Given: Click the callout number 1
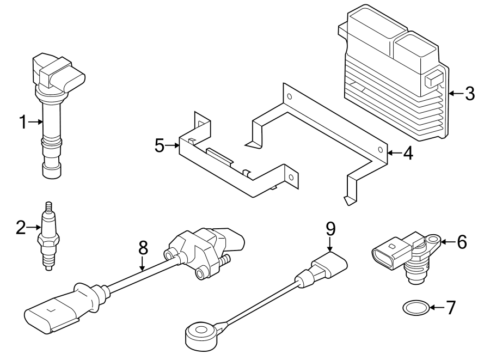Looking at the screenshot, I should [23, 122].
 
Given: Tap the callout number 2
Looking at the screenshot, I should [21, 227].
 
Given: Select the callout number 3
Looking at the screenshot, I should [469, 93].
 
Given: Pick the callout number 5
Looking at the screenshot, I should [159, 145].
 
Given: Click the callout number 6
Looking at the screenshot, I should [462, 241].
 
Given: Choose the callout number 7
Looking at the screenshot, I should [450, 308].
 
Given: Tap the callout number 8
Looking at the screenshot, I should [143, 248].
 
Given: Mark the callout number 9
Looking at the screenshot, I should [329, 228].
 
